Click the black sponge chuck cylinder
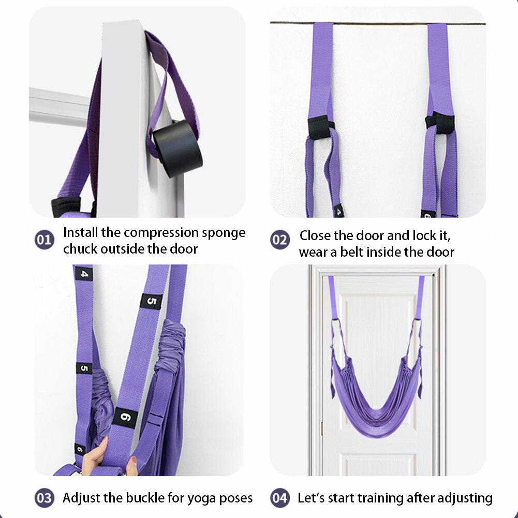pyautogui.click(x=177, y=148)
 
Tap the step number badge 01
pyautogui.click(x=44, y=240)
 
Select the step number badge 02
pyautogui.click(x=279, y=240)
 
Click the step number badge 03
pyautogui.click(x=44, y=498)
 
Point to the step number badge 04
pyautogui.click(x=279, y=498)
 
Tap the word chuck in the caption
pyautogui.click(x=80, y=249)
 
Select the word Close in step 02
pyautogui.click(x=315, y=236)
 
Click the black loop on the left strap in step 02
pyautogui.click(x=319, y=126)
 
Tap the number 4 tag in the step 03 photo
pyautogui.click(x=83, y=273)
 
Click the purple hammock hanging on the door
pyautogui.click(x=377, y=393)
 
